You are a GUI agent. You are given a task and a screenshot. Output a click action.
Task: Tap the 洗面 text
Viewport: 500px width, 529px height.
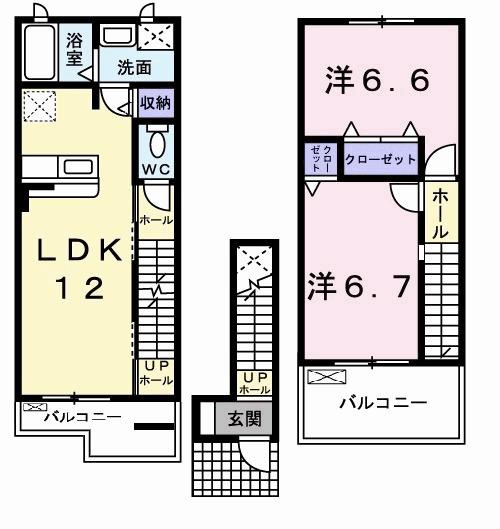(x=133, y=68)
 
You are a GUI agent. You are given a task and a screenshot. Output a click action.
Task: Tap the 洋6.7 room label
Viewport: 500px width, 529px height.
(x=358, y=287)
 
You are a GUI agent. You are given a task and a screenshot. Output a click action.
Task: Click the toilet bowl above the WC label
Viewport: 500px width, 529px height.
(x=156, y=139)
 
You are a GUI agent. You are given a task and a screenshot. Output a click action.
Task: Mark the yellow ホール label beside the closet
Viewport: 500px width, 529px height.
(x=440, y=213)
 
